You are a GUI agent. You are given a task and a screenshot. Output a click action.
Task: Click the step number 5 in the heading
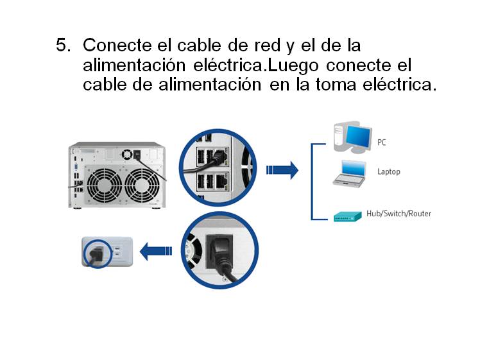coord(64,45)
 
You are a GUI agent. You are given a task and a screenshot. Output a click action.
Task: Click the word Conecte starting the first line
coord(117,46)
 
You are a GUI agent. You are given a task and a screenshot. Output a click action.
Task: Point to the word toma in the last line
coord(336,85)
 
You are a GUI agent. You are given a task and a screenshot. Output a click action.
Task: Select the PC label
coord(381,142)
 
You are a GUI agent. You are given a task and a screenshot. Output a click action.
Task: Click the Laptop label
coord(389,172)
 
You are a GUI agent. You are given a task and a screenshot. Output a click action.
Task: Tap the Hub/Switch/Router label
coord(399,213)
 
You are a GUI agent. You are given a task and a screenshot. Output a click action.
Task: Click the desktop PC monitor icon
coord(353,137)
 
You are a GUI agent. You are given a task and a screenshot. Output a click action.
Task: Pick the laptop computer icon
coord(350,173)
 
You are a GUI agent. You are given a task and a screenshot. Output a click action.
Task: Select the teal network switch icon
coord(347,216)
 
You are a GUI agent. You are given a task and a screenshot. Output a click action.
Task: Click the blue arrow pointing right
coord(282,170)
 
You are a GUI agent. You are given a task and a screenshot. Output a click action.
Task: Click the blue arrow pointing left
coord(156,251)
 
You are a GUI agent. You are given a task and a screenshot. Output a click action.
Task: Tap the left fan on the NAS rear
coord(105,185)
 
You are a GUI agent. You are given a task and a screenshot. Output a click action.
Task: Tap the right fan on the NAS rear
coord(142,185)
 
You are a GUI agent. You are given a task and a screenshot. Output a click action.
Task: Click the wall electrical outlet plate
coord(107,252)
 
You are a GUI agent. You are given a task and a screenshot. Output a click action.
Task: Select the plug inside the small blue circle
coord(96,254)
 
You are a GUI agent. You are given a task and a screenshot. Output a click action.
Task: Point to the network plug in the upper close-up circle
coord(218,158)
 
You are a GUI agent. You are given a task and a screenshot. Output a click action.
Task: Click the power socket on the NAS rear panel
coord(137,154)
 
